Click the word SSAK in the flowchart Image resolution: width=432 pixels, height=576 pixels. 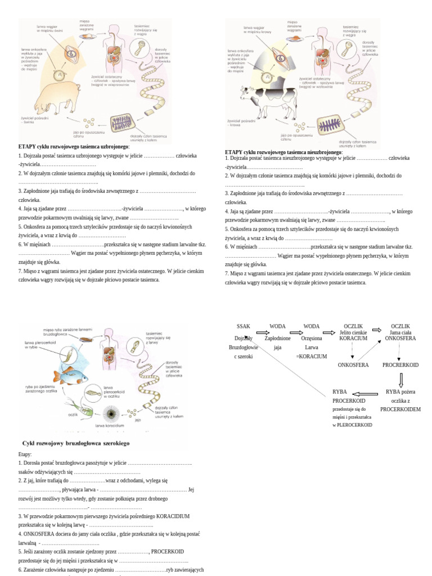pyautogui.click(x=244, y=326)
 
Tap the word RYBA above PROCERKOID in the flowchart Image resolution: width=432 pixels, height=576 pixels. pyautogui.click(x=340, y=391)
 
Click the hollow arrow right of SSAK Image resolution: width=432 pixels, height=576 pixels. pyautogui.click(x=263, y=332)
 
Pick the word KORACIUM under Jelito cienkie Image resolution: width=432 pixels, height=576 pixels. pyautogui.click(x=353, y=339)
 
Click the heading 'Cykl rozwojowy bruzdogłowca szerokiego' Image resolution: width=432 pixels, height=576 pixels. pyautogui.click(x=75, y=443)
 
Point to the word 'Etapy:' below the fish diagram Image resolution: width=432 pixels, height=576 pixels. pyautogui.click(x=25, y=454)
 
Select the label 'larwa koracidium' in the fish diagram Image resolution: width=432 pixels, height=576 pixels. pyautogui.click(x=110, y=426)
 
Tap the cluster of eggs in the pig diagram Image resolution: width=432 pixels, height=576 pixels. pyautogui.click(x=89, y=121)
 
